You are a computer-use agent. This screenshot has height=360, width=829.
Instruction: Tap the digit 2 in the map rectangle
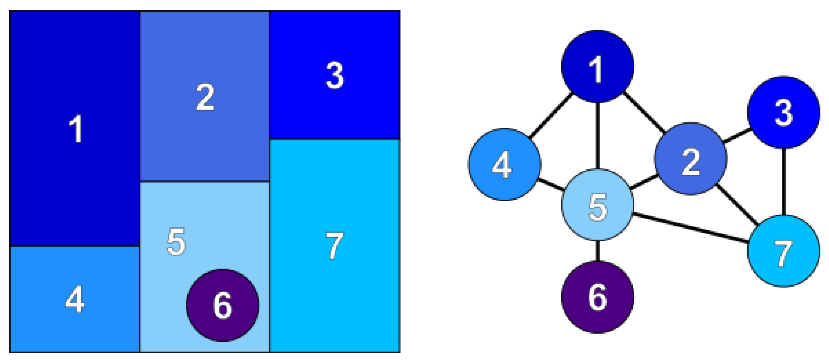pyautogui.click(x=205, y=97)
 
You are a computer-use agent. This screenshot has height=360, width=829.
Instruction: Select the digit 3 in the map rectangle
pyautogui.click(x=335, y=76)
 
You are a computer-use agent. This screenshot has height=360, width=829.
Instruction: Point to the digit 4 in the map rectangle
pyautogui.click(x=75, y=299)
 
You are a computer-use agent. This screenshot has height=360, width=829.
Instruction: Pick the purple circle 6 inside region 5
pyautogui.click(x=223, y=305)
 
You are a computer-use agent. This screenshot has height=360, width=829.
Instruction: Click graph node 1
pyautogui.click(x=598, y=67)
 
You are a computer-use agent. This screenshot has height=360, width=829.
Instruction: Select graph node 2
pyautogui.click(x=691, y=159)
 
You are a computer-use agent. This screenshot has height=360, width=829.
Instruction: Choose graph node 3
pyautogui.click(x=783, y=112)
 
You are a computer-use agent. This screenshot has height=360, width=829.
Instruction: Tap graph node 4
pyautogui.click(x=504, y=165)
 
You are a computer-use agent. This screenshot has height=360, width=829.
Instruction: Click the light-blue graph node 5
pyautogui.click(x=598, y=205)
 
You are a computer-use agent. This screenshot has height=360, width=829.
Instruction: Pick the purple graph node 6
pyautogui.click(x=598, y=297)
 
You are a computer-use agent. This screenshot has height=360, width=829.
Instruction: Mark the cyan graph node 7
pyautogui.click(x=783, y=251)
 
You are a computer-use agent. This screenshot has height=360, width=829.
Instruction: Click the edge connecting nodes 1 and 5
pyautogui.click(x=598, y=135)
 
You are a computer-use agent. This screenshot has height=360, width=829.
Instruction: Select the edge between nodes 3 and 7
pyautogui.click(x=783, y=182)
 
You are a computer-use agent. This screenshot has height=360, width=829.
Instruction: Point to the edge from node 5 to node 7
pyautogui.click(x=690, y=228)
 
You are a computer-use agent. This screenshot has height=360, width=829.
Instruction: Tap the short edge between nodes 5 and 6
pyautogui.click(x=598, y=251)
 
